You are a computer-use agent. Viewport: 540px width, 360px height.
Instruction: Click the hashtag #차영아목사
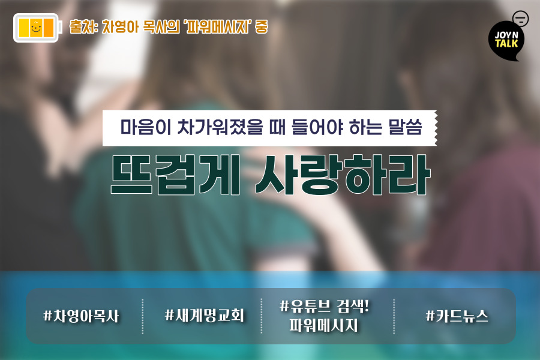(81, 316)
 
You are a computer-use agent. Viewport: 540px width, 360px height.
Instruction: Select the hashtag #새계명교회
(205, 315)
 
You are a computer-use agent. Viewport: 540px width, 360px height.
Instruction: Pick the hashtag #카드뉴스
(457, 316)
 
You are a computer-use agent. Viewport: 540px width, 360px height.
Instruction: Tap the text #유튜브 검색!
(324, 306)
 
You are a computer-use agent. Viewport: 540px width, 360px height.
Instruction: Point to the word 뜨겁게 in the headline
(175, 175)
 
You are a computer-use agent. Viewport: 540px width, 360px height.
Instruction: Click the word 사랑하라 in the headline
(343, 175)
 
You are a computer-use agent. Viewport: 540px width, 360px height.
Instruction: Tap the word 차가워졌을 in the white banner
(220, 127)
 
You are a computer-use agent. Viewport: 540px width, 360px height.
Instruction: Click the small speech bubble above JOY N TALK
(520, 19)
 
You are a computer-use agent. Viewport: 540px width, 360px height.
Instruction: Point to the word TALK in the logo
(506, 43)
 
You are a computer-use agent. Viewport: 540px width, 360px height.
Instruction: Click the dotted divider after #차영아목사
(143, 316)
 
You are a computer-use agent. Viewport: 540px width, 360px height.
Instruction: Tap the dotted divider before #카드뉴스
(394, 316)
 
